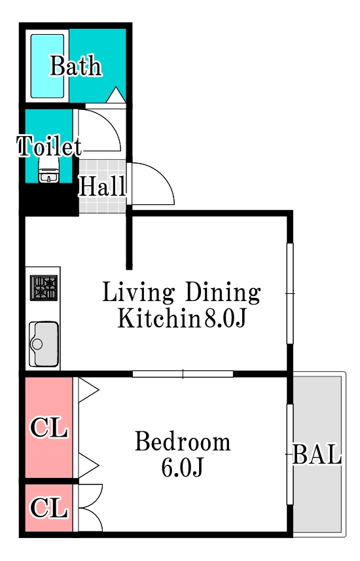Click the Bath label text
pos(76,66)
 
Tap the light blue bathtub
pos(47,66)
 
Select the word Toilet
pos(49,146)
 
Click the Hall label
pos(102,187)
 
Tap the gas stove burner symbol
pos(44,288)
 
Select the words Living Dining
pos(181,292)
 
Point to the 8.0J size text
pos(225,319)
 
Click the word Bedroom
pos(183,442)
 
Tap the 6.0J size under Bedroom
pos(183,468)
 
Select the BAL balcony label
pos(317,455)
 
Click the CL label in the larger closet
pos(50,429)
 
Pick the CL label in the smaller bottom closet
pos(50,508)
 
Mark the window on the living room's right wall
pos(290,293)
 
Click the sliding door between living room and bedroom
pos(183,374)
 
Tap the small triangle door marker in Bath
pos(115,96)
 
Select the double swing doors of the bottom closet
pos(90,508)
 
